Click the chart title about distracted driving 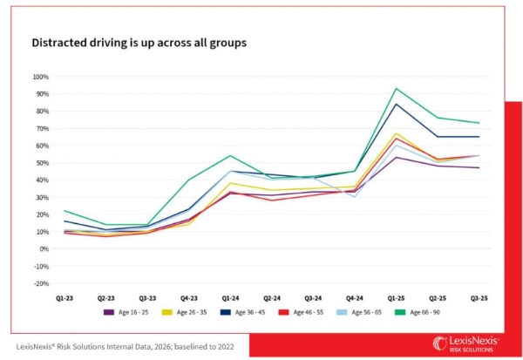tap(139, 43)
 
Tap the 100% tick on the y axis tap(41, 77)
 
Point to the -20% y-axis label tap(41, 283)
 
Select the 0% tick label tap(44, 249)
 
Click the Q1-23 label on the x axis tap(65, 298)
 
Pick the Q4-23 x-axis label tap(189, 298)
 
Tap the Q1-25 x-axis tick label tap(397, 298)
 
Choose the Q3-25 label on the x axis tap(479, 298)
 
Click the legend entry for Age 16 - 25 tap(126, 312)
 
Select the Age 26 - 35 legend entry tap(185, 312)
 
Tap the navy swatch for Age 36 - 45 tap(226, 312)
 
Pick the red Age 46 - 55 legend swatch tap(284, 312)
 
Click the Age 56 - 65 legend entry tap(359, 312)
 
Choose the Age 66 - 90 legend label tap(425, 312)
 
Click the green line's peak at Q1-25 tap(397, 88)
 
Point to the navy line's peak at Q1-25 tap(397, 104)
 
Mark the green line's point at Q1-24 tap(230, 155)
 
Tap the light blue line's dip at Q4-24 tap(355, 197)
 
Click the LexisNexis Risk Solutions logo tap(465, 344)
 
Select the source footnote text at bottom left tap(125, 347)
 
